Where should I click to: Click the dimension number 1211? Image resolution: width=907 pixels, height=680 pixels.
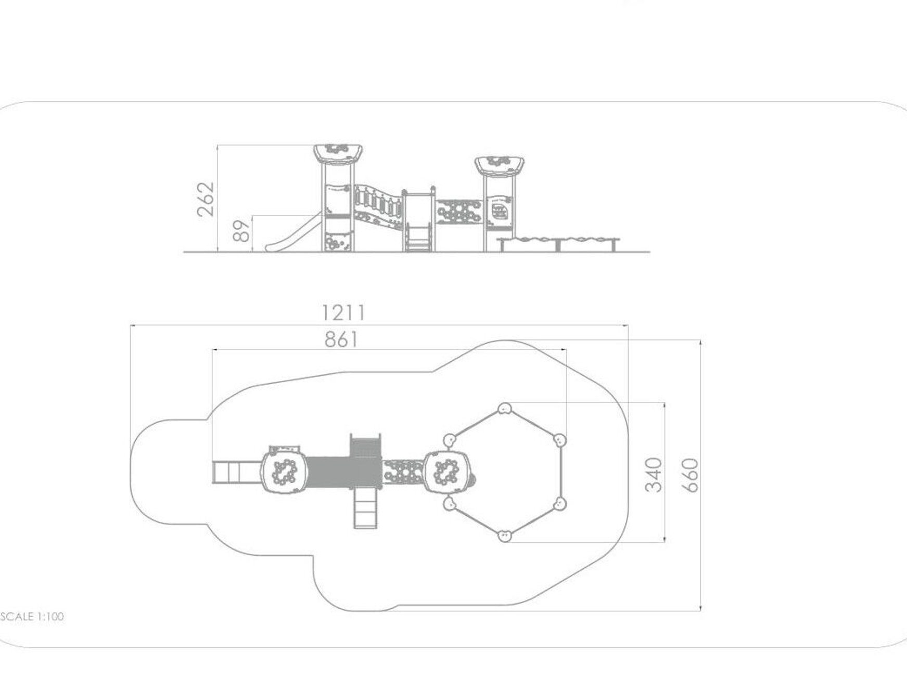343,312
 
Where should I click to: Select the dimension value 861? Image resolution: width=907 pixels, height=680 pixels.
341,339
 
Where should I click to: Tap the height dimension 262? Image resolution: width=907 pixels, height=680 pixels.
206,199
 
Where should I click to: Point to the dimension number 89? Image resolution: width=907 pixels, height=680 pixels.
241,230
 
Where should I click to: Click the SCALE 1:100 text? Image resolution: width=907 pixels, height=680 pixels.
32,617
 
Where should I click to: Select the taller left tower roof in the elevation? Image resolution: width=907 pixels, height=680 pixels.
338,153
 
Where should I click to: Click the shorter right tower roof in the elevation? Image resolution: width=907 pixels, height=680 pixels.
499,165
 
